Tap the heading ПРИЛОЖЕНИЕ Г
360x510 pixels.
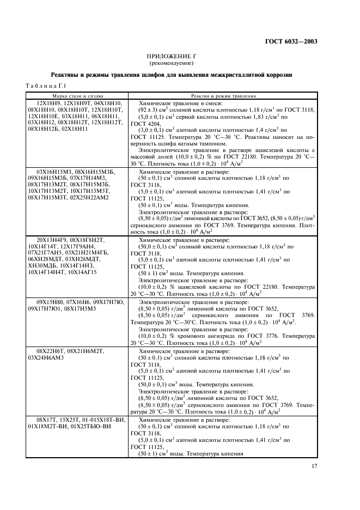172,56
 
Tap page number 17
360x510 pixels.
314,465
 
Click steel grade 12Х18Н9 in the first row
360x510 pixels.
48,103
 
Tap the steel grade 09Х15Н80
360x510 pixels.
51,301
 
